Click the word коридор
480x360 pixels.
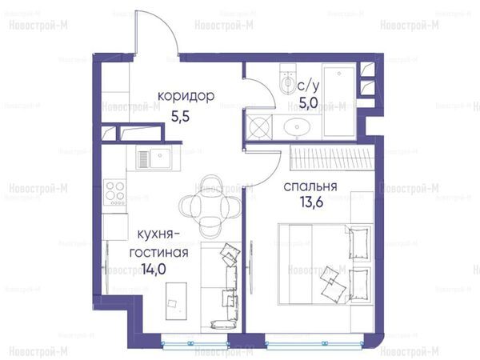point(186,97)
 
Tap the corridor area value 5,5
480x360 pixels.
point(180,117)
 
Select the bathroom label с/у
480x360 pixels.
point(308,86)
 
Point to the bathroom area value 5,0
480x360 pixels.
point(309,102)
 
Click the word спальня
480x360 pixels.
point(310,186)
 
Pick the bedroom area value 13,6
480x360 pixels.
point(311,202)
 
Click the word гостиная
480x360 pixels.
point(158,253)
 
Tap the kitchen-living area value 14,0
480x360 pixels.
point(154,270)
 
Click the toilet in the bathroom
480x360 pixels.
point(288,78)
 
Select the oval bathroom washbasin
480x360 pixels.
point(297,126)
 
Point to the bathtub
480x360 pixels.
point(339,100)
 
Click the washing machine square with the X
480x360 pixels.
point(259,126)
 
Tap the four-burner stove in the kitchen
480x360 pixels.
point(114,192)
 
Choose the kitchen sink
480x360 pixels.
point(154,159)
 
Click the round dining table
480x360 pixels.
point(210,206)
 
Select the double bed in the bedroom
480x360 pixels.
point(325,264)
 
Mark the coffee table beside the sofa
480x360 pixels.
point(176,301)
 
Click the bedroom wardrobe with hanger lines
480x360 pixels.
point(333,158)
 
